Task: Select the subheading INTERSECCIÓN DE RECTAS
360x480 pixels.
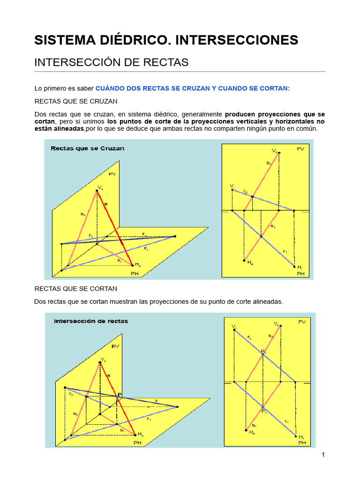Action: click(x=112, y=62)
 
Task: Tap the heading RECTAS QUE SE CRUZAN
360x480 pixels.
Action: click(x=76, y=101)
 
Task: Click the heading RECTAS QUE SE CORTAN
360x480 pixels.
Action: click(x=76, y=288)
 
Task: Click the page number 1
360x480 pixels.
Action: click(x=323, y=455)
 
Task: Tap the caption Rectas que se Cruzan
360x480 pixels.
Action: click(x=87, y=149)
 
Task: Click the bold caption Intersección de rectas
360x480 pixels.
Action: click(x=91, y=322)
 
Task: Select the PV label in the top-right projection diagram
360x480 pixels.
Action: click(x=301, y=149)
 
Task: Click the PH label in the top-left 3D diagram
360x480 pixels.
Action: click(x=135, y=274)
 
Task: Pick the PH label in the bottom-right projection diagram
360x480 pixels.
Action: click(x=301, y=442)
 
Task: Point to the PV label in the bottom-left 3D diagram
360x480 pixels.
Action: click(x=115, y=346)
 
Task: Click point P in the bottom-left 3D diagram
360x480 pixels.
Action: click(x=117, y=397)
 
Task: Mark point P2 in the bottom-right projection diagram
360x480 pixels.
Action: click(x=262, y=353)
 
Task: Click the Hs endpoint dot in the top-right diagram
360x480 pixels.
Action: click(x=244, y=261)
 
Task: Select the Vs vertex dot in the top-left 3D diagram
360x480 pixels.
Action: click(x=97, y=191)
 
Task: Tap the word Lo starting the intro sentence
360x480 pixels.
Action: click(x=39, y=88)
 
